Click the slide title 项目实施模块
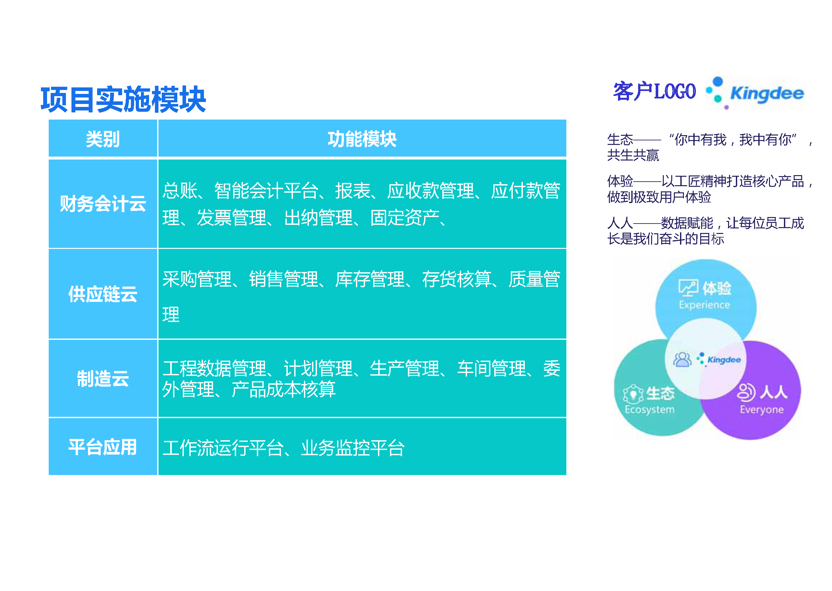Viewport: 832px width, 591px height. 123,99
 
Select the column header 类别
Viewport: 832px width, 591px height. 103,139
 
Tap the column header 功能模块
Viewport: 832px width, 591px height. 362,139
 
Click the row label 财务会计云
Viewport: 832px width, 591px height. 103,203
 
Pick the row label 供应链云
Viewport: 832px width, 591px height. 103,294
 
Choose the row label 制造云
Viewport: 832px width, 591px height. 103,379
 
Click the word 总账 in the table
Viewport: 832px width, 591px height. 180,191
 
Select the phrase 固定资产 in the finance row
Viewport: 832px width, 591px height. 405,218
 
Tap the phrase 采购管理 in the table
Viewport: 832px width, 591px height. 197,279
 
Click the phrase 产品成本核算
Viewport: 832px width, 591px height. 284,389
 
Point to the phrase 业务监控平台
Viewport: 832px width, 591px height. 353,448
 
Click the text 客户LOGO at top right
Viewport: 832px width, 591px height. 655,91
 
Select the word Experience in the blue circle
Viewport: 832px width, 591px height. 704,305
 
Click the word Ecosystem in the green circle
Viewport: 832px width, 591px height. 649,410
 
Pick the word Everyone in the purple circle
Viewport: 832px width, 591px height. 762,410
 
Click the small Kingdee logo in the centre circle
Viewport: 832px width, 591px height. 719,360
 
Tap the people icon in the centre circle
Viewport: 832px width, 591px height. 682,360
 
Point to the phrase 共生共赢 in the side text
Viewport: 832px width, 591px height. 633,155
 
